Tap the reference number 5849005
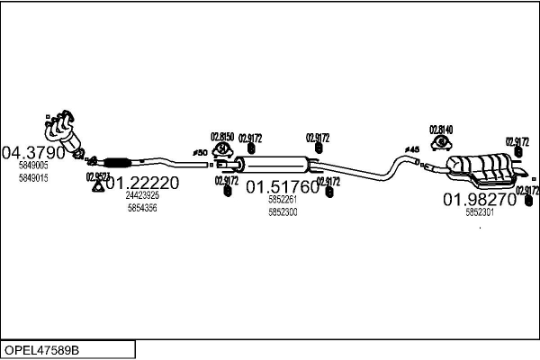(x=33, y=166)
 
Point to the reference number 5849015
(x=33, y=178)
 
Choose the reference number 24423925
(x=142, y=195)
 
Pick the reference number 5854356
(x=142, y=208)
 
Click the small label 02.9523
(x=98, y=176)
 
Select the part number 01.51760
(x=283, y=187)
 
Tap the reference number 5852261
(x=283, y=200)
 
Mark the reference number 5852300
(x=283, y=212)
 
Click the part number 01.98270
(x=478, y=199)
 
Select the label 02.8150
(x=222, y=137)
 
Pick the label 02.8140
(x=441, y=129)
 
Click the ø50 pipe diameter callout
(x=201, y=153)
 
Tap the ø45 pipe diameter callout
(x=412, y=149)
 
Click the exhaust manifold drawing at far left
(x=65, y=130)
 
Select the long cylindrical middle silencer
(x=277, y=165)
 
